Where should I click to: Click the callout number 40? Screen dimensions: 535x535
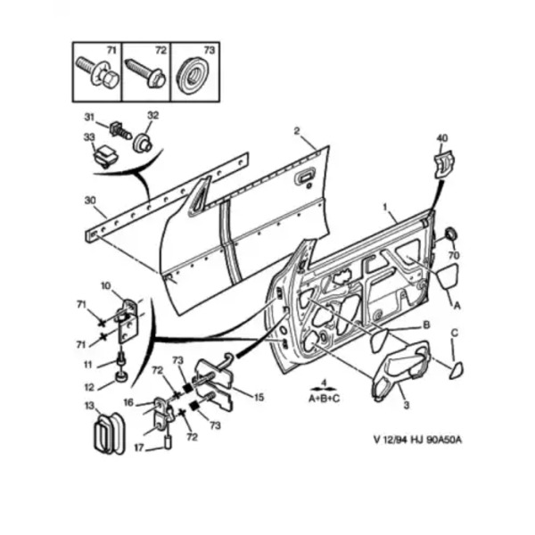440,137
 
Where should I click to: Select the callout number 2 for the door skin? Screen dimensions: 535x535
296,131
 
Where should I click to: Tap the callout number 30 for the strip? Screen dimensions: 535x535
88,201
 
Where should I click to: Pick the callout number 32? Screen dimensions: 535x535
152,116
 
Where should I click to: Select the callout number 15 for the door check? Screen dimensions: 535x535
259,397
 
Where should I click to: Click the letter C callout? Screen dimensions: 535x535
454,334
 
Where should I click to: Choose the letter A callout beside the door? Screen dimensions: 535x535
457,305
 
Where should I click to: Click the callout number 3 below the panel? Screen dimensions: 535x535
407,407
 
